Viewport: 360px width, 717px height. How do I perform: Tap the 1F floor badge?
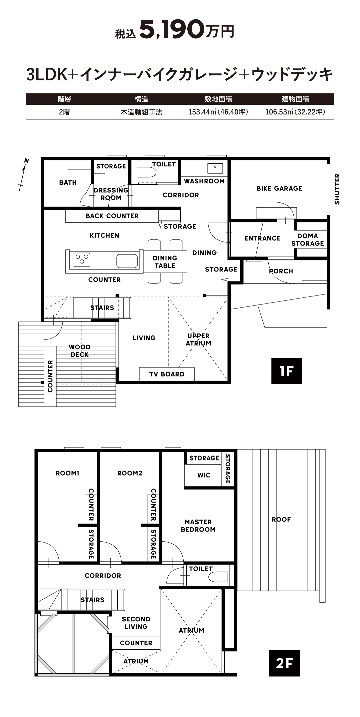click(x=286, y=371)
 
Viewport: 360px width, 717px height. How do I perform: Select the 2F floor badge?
click(x=284, y=663)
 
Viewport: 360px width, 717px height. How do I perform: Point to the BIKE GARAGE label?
click(x=279, y=188)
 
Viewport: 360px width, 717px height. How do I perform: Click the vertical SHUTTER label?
click(x=337, y=189)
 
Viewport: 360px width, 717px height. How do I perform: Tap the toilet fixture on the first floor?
click(x=146, y=172)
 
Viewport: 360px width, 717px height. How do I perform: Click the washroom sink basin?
click(x=215, y=168)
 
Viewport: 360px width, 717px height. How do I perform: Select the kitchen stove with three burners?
click(x=82, y=260)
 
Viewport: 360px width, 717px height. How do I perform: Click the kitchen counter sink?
click(x=127, y=261)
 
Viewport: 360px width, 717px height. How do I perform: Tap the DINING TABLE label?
click(x=165, y=262)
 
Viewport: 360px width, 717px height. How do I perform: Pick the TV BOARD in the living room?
click(x=167, y=374)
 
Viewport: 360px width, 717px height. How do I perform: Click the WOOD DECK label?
click(x=80, y=351)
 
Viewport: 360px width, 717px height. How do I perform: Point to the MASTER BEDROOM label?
click(x=198, y=526)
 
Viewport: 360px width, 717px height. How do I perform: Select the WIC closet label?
click(x=204, y=475)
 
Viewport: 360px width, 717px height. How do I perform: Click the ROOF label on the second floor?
click(x=281, y=520)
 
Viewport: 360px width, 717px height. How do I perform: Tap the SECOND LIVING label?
click(x=136, y=623)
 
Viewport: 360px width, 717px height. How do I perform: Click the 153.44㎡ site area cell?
click(x=218, y=112)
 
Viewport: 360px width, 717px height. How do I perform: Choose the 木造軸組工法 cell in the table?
click(x=141, y=112)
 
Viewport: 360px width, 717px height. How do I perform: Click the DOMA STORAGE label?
click(x=307, y=240)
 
